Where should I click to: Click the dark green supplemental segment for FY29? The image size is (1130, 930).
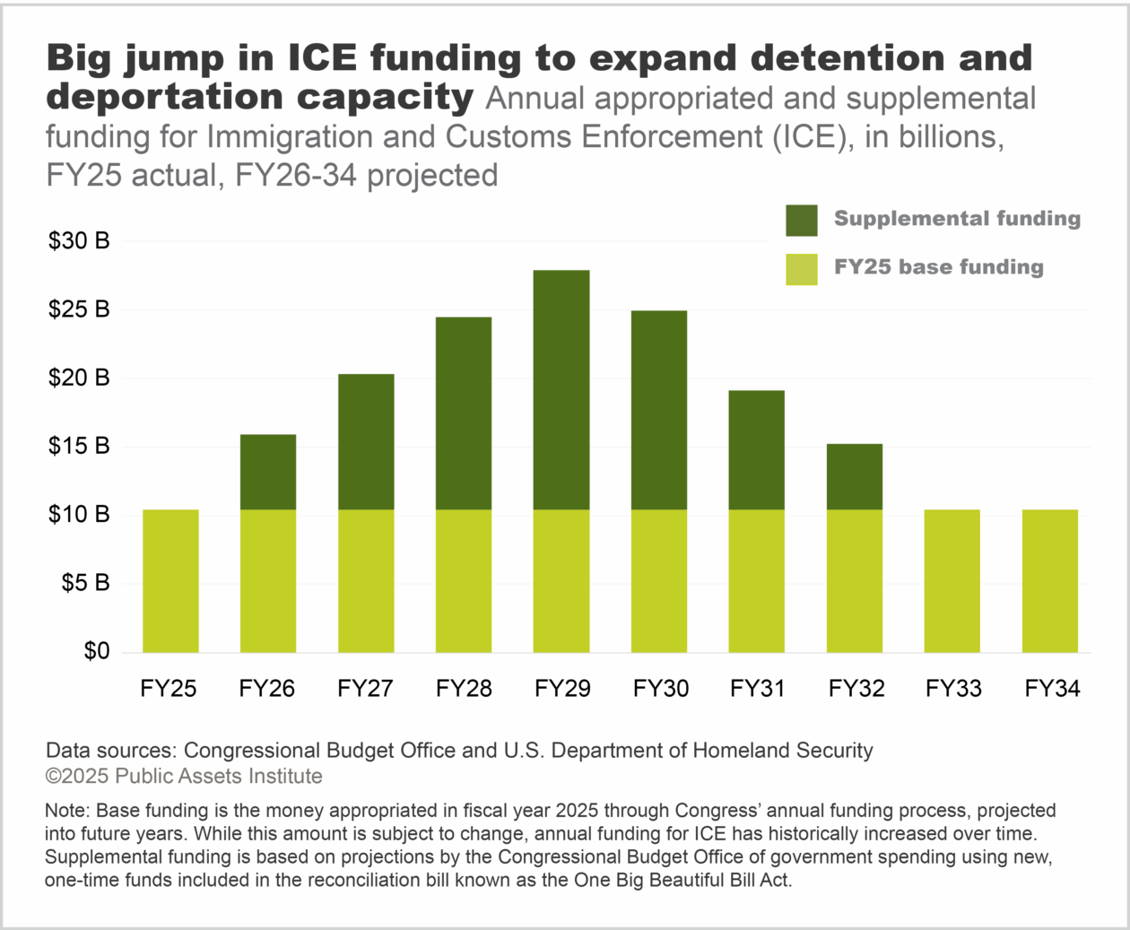(x=561, y=390)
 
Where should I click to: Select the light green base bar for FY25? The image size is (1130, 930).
(x=170, y=581)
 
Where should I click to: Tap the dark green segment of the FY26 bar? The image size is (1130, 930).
(x=268, y=473)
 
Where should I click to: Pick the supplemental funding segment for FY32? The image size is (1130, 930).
(x=854, y=477)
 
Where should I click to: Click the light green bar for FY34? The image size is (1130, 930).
(x=1050, y=581)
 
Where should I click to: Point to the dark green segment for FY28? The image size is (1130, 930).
(x=464, y=413)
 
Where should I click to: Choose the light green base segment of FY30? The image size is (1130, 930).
(x=659, y=581)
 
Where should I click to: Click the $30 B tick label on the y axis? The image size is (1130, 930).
(x=79, y=241)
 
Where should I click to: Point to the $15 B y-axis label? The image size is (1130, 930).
(x=79, y=446)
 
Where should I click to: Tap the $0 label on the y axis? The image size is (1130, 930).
(x=96, y=651)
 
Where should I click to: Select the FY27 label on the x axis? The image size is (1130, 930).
(x=365, y=689)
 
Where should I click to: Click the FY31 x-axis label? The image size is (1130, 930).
(x=757, y=689)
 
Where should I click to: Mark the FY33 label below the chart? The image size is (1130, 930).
(x=953, y=689)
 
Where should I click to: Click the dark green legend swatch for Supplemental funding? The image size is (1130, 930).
(x=802, y=221)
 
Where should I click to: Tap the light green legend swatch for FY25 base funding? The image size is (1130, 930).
(x=802, y=269)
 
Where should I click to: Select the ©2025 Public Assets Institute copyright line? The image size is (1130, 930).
(x=184, y=777)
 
